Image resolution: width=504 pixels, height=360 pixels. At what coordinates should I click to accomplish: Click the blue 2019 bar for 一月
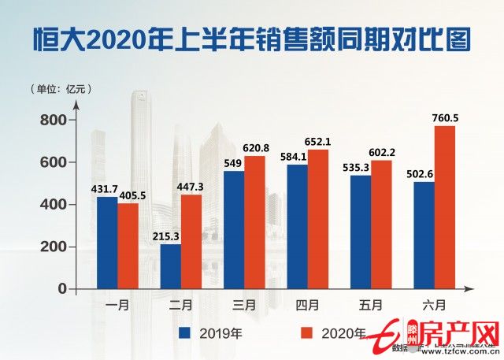pos(107,243)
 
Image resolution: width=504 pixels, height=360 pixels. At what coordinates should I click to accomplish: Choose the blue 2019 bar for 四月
pos(298,226)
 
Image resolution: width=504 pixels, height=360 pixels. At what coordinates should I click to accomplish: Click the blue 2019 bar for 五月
pos(361,232)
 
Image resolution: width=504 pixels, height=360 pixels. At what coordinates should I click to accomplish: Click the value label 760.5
pos(446,118)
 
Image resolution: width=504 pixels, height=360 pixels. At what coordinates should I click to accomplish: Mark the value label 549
pos(234,164)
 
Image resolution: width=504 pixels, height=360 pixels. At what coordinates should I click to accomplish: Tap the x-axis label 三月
pos(244,302)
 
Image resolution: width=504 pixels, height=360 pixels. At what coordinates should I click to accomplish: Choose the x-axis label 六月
pos(435,302)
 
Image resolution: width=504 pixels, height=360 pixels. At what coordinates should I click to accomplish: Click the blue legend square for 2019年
pos(186,332)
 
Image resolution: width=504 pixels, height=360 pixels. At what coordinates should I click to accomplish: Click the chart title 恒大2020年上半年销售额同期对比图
pos(252,38)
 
